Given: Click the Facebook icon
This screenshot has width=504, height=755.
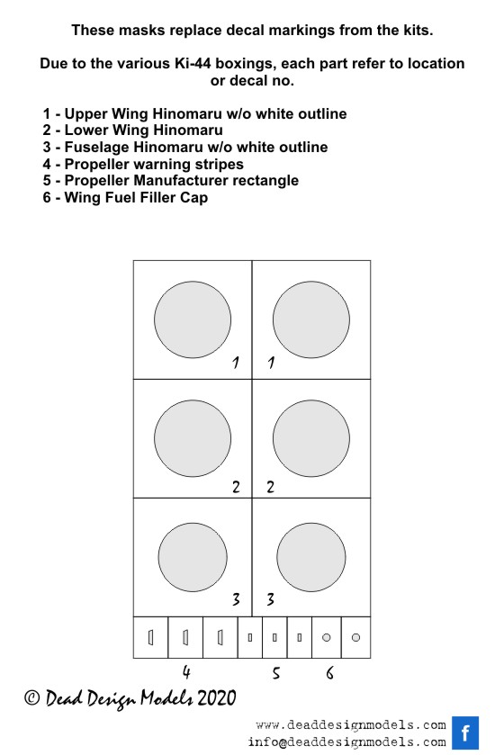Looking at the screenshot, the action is pyautogui.click(x=465, y=733).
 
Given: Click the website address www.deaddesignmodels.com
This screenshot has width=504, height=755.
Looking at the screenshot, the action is pyautogui.click(x=351, y=725).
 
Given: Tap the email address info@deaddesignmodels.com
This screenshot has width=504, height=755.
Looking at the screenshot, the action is pyautogui.click(x=346, y=742).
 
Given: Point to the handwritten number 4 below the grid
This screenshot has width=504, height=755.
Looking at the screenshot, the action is pyautogui.click(x=186, y=671).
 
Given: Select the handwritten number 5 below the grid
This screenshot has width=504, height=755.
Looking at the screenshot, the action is pyautogui.click(x=275, y=673).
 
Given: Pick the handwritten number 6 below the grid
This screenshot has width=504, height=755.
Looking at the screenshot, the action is pyautogui.click(x=329, y=673).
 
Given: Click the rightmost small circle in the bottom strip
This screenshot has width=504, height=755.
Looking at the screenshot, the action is pyautogui.click(x=355, y=637).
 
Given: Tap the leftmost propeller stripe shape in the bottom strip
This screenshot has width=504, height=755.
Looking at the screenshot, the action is pyautogui.click(x=150, y=637).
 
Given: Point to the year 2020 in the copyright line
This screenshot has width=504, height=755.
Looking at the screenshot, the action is pyautogui.click(x=217, y=698).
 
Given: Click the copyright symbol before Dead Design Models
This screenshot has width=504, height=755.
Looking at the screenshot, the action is pyautogui.click(x=32, y=698).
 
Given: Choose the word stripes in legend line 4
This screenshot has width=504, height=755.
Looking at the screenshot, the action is pyautogui.click(x=219, y=164).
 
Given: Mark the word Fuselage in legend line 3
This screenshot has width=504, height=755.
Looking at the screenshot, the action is pyautogui.click(x=97, y=147).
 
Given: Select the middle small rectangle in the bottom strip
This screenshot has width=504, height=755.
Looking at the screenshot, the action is pyautogui.click(x=274, y=637).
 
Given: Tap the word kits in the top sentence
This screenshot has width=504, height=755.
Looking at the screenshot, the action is pyautogui.click(x=418, y=31).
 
